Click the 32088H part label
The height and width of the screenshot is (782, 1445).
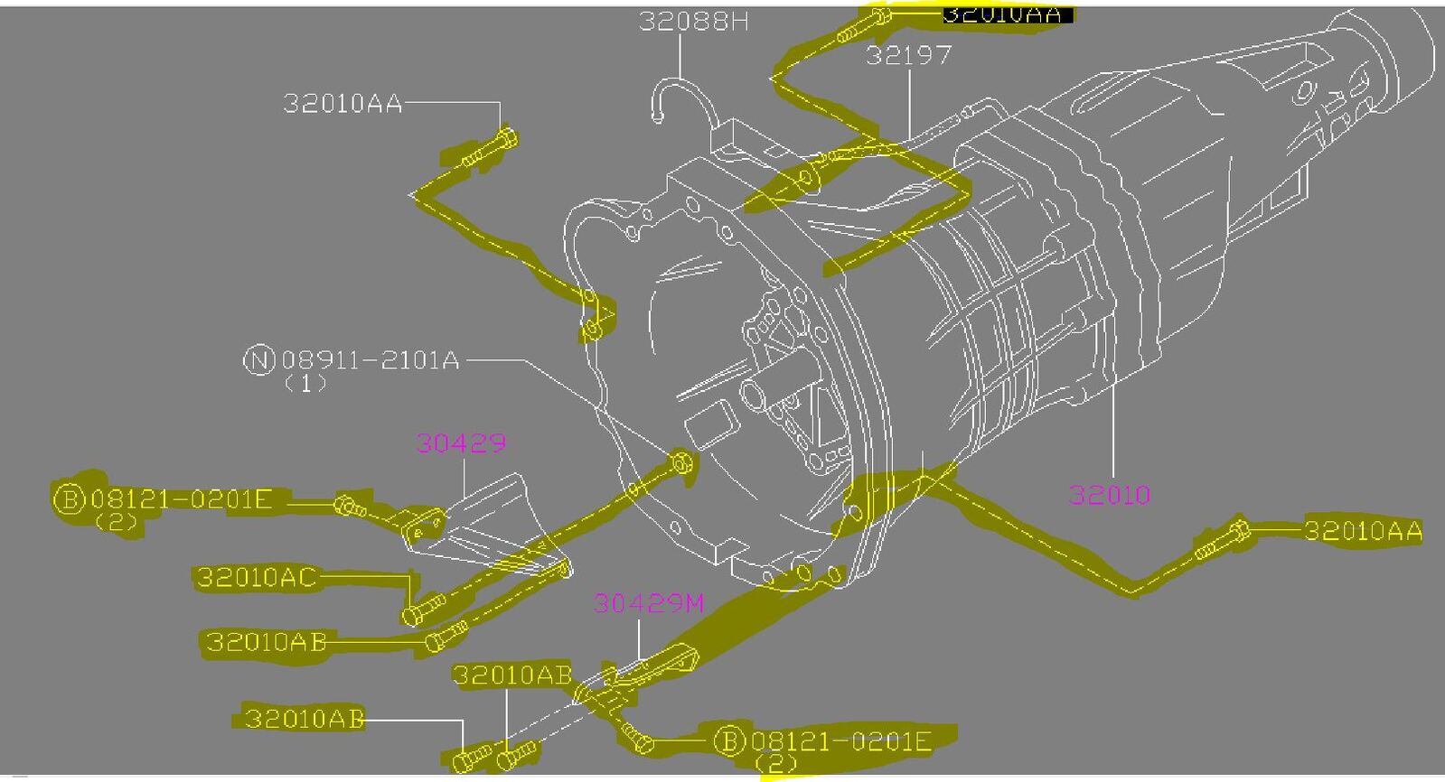tap(693, 21)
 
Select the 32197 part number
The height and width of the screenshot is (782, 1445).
tap(908, 55)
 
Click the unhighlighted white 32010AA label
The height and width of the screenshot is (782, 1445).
tap(342, 103)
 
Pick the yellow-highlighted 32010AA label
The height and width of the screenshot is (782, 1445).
tap(1362, 530)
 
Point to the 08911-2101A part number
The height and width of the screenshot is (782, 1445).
tap(370, 361)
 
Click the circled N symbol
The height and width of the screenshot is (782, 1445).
tap(258, 361)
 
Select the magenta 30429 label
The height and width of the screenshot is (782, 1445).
tap(461, 442)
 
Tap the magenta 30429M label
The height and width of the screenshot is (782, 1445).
tap(648, 602)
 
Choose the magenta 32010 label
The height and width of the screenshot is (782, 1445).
tap(1109, 495)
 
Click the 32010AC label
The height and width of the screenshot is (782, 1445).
tap(257, 577)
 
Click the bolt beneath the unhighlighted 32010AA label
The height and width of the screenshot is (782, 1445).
tap(493, 150)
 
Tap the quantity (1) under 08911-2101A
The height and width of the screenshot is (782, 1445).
tap(305, 383)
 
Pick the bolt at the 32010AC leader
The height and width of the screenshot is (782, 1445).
tap(420, 610)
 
